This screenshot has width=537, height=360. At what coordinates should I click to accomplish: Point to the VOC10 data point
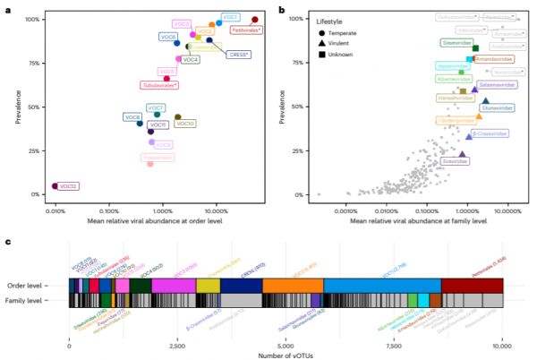pos(177,117)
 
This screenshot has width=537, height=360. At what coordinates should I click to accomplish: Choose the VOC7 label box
pos(156,107)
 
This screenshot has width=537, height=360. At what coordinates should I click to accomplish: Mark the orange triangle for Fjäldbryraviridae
pos(479,116)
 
